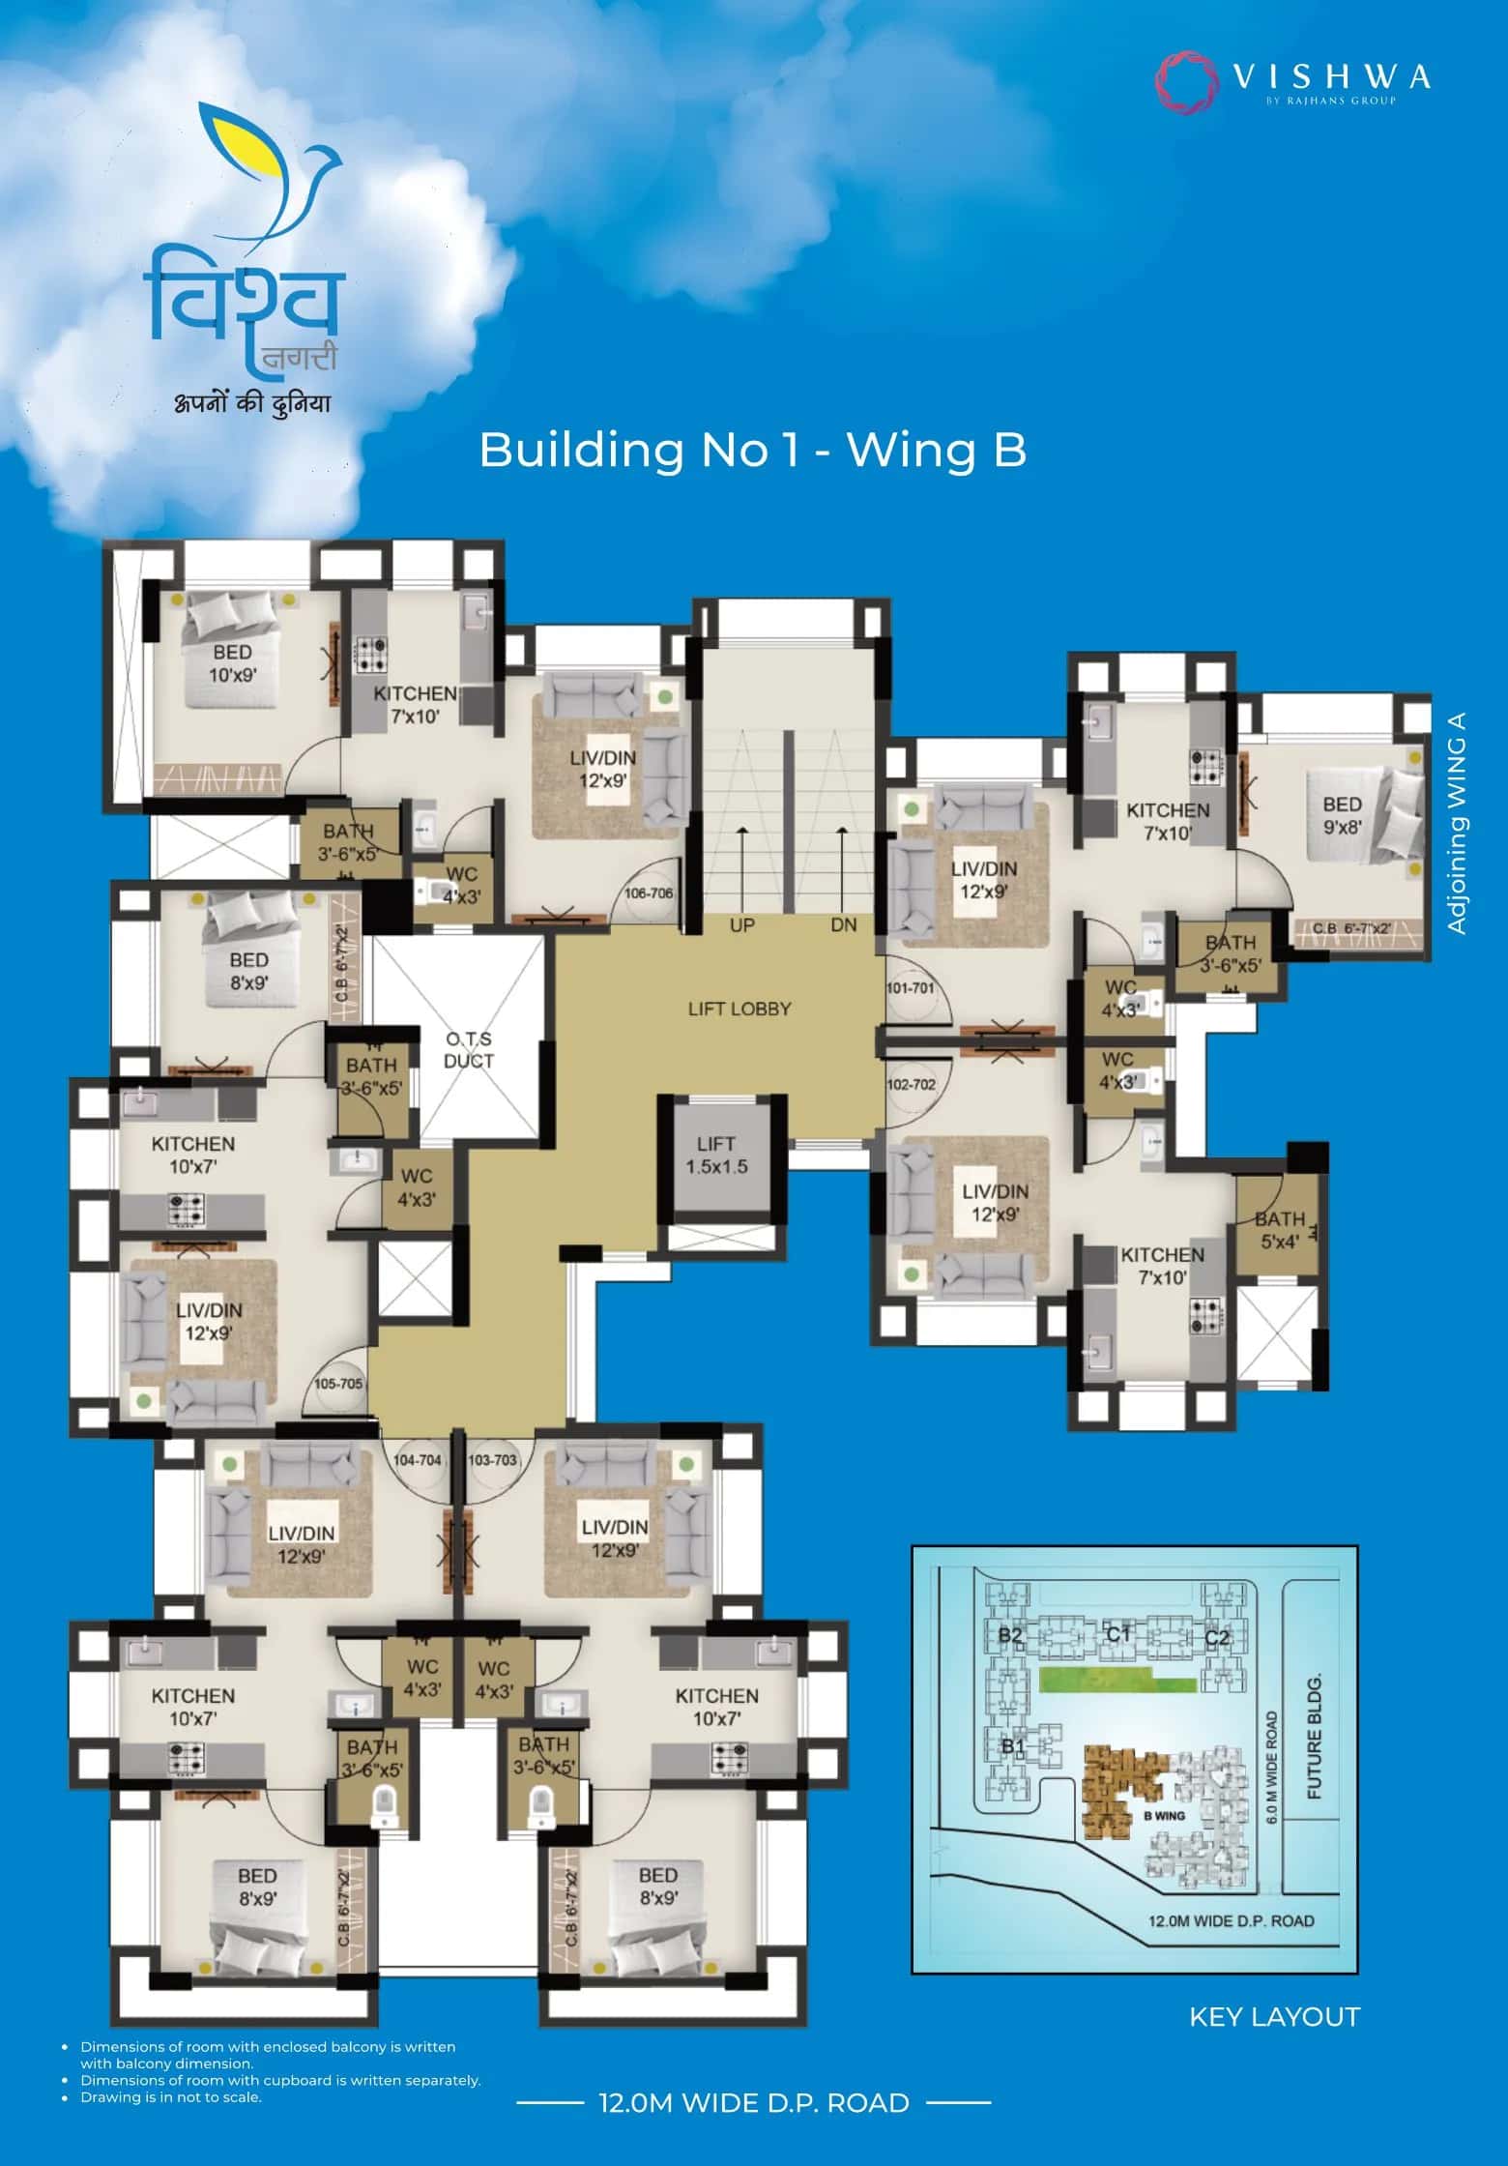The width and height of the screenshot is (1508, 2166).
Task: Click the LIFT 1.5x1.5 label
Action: coord(716,1155)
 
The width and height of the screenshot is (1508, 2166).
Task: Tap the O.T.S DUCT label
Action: coord(469,1049)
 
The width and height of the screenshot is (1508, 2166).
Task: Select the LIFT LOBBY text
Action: coord(739,1009)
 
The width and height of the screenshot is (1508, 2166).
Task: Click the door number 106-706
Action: coord(649,893)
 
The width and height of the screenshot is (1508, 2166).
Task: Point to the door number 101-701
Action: coord(911,988)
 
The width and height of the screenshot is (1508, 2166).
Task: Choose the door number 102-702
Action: coord(911,1084)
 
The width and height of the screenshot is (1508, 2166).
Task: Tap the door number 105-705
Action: coord(338,1384)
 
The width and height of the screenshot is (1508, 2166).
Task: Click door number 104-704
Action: coord(417,1459)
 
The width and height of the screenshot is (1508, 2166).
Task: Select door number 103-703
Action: coord(492,1459)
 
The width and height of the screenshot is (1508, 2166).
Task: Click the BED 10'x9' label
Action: coord(233,663)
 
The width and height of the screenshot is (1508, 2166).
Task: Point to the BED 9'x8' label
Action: coord(1343,815)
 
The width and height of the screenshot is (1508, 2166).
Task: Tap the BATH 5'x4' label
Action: coord(1280,1230)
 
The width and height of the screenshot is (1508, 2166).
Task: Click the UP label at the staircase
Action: coord(741,925)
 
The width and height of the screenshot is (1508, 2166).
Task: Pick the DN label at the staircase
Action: coord(844,925)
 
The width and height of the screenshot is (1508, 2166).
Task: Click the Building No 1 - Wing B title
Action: coord(752,450)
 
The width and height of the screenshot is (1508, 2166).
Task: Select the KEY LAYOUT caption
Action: coord(1274,2016)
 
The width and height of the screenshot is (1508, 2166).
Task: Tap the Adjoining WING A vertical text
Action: coord(1458,823)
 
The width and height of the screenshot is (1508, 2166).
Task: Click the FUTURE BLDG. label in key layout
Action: coord(1314,1737)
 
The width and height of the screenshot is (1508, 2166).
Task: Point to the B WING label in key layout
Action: coord(1164,1815)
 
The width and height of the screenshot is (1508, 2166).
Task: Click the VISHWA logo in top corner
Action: coord(1293,79)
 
